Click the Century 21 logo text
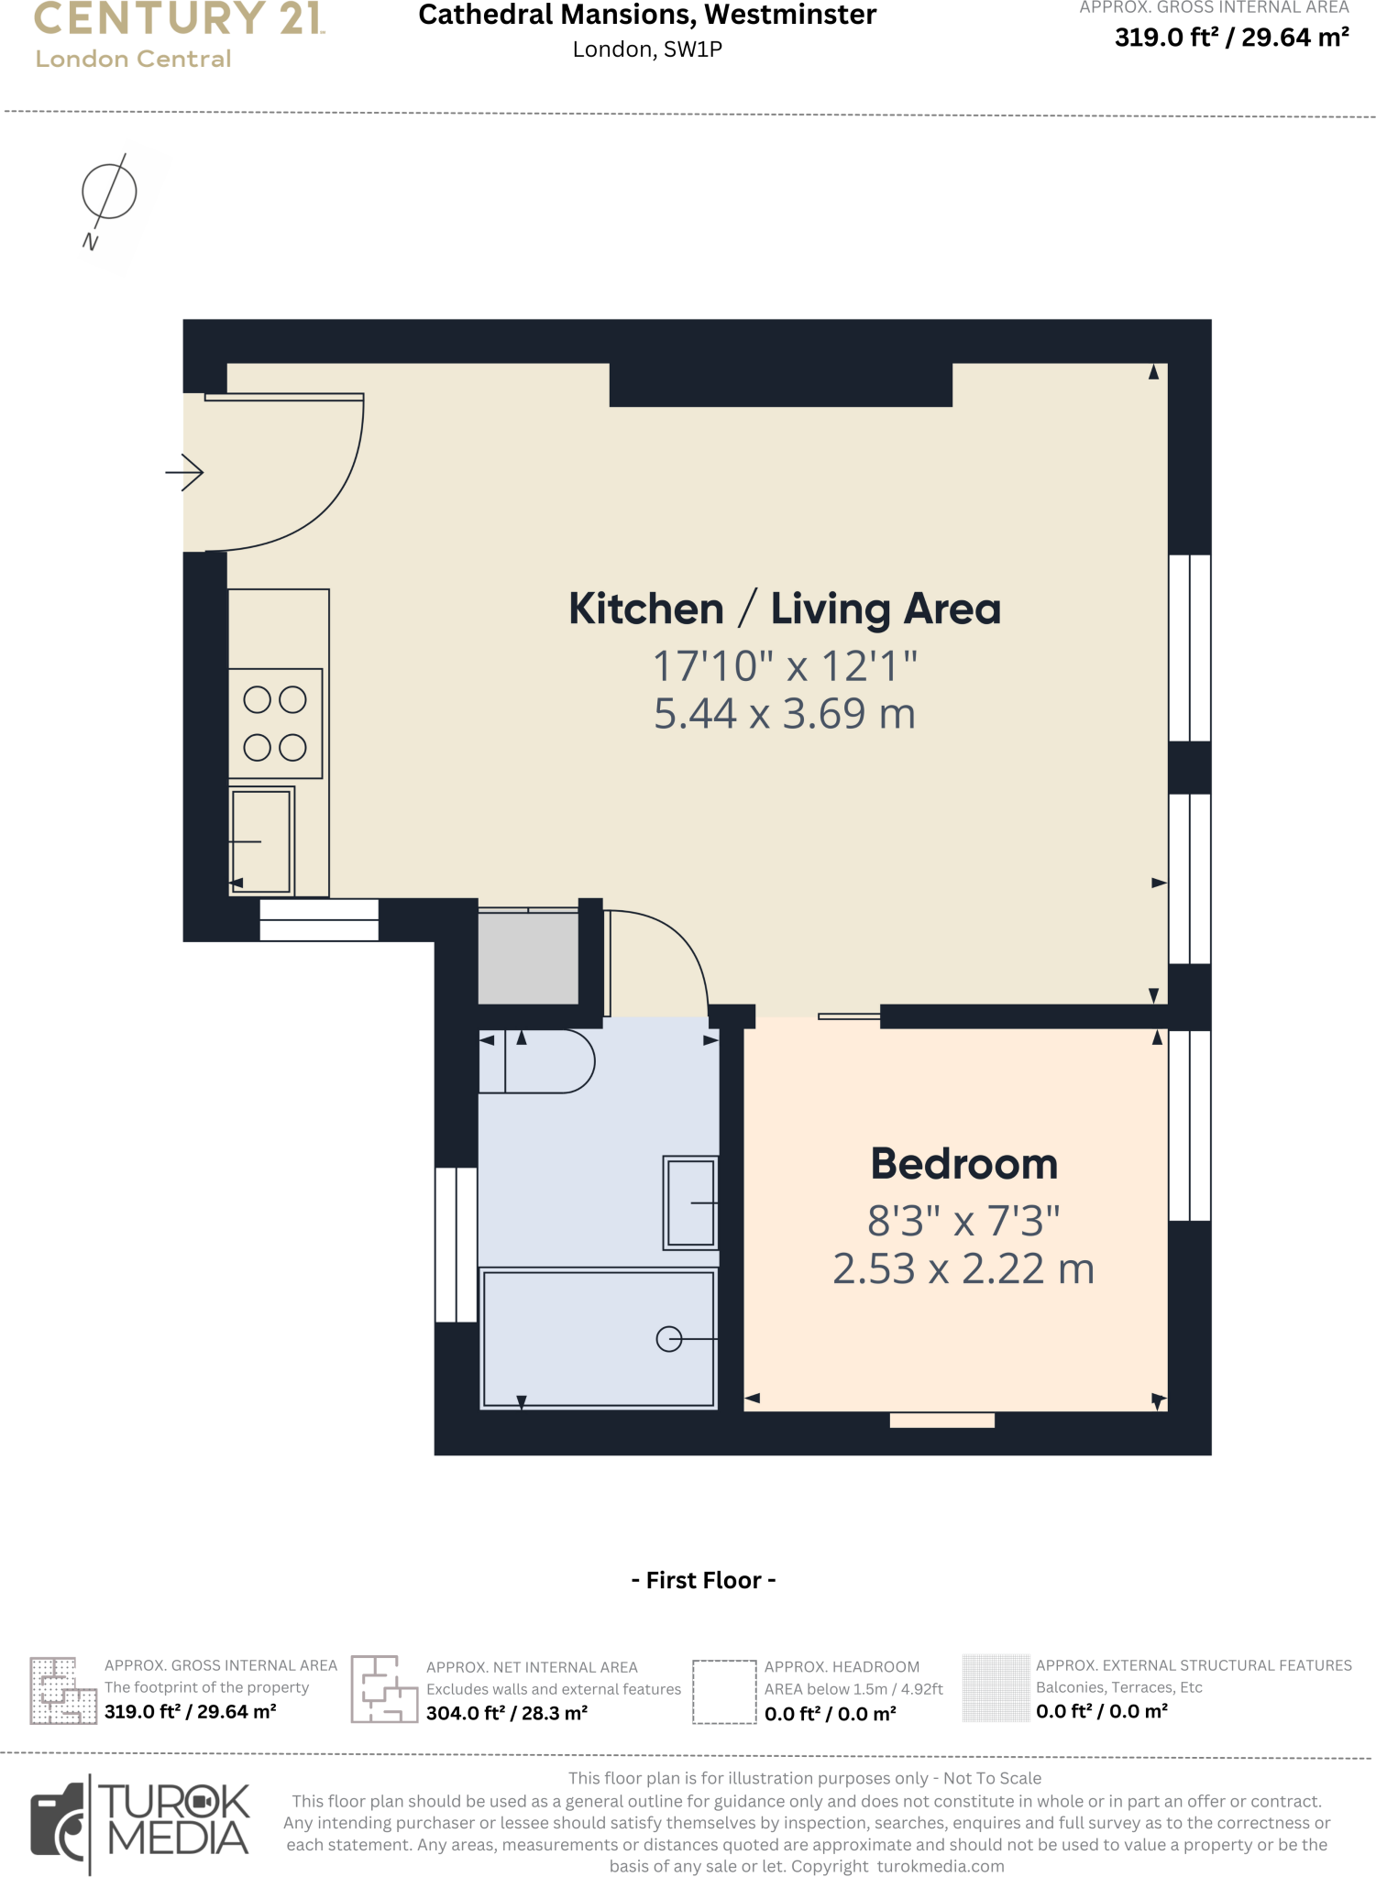[x=179, y=19]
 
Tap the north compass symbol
[x=108, y=192]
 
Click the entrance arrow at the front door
[x=185, y=473]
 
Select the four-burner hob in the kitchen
[x=275, y=723]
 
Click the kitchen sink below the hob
[x=261, y=840]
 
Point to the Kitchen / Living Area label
[x=784, y=609]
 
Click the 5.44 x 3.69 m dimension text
[x=784, y=714]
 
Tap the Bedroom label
[x=963, y=1164]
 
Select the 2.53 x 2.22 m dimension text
[x=963, y=1269]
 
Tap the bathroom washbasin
[x=691, y=1202]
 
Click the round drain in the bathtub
[x=669, y=1339]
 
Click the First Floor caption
[x=703, y=1580]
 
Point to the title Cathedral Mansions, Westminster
[x=647, y=16]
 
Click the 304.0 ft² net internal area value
[x=506, y=1713]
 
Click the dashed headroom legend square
[x=723, y=1692]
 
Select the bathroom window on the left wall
[x=456, y=1244]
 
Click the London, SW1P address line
[x=647, y=49]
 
